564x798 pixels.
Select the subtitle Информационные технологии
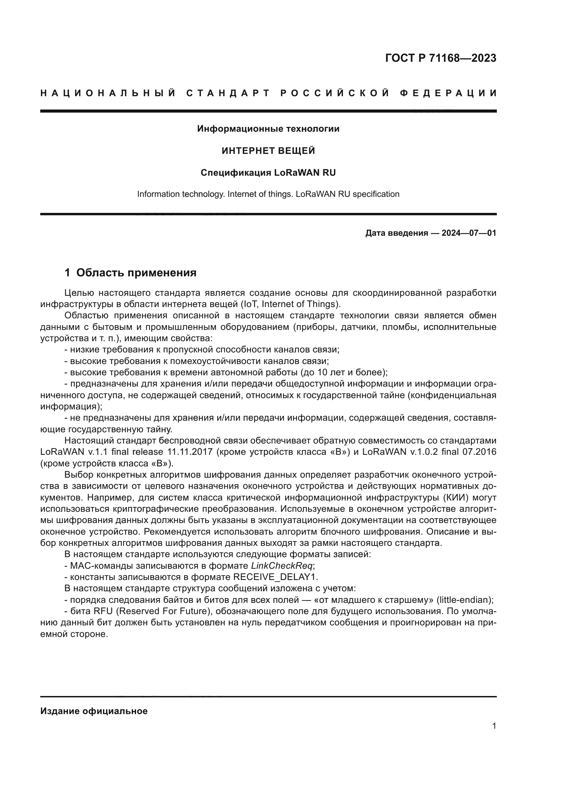268,129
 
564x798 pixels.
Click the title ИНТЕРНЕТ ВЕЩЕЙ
268,151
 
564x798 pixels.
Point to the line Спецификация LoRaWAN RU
268,173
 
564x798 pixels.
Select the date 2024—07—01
469,233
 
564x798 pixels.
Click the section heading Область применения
136,273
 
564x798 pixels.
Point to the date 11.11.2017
189,452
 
